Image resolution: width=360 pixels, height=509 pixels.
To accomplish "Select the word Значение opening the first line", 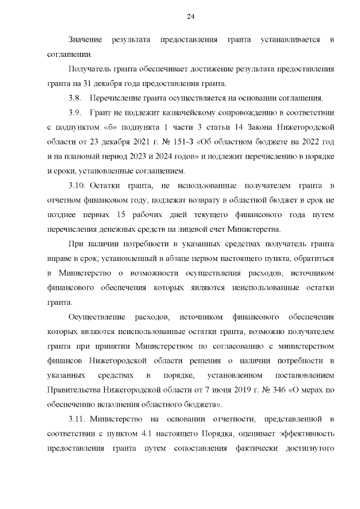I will click(85, 39).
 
